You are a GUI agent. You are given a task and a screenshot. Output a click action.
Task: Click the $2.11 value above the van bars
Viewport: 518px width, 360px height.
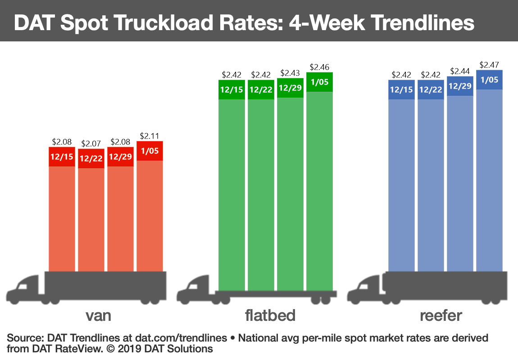click(150, 135)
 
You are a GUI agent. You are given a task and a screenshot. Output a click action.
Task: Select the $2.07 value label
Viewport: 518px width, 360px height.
click(91, 144)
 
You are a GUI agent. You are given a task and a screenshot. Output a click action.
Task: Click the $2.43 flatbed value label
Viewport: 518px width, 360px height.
click(290, 73)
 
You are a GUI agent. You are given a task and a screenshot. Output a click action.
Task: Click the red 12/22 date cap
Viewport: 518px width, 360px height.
click(91, 159)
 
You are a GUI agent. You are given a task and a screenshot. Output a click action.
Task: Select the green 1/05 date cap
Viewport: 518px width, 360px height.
click(319, 82)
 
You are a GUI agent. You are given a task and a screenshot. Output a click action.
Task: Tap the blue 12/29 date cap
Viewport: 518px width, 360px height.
click(460, 85)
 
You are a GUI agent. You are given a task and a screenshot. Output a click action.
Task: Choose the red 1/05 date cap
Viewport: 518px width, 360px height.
click(150, 151)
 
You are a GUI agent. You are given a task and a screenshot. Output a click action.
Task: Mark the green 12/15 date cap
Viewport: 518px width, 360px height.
click(232, 90)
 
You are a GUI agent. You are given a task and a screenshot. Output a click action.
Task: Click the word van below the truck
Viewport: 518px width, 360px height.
click(98, 315)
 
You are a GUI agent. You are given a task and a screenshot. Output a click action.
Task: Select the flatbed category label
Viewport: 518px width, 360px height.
click(270, 315)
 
